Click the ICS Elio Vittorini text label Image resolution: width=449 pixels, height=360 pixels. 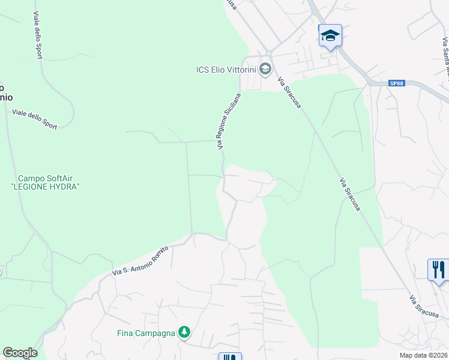pos(226,70)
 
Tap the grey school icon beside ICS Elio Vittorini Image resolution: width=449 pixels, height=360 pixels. pos(265,70)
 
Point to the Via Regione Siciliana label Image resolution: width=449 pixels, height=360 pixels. pos(229,121)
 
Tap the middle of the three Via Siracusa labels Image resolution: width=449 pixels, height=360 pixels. pos(350,195)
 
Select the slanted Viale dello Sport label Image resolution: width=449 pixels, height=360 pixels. pos(35,119)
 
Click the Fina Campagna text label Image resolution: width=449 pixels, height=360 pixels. pos(146,333)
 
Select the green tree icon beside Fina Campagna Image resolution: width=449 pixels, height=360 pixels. pos(185,332)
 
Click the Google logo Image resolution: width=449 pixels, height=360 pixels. pos(20,353)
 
